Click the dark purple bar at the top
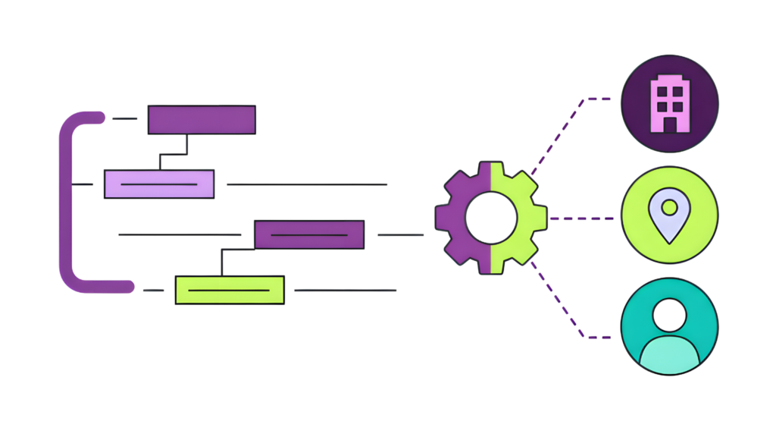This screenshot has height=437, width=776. click(x=201, y=120)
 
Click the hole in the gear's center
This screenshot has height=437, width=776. click(x=490, y=217)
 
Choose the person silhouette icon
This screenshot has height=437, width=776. click(x=669, y=328)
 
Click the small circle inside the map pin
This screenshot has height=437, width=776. click(x=669, y=206)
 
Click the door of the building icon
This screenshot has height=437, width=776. click(x=670, y=123)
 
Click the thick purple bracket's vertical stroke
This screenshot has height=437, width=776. click(x=65, y=201)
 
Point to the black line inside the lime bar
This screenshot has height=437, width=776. click(x=229, y=291)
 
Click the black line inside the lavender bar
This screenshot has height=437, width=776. click(x=159, y=184)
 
